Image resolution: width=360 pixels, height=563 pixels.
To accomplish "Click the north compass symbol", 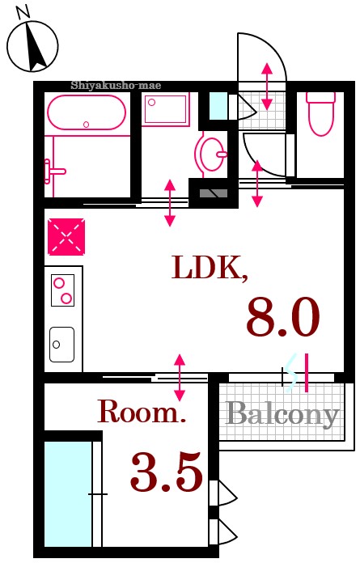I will pyautogui.click(x=33, y=44).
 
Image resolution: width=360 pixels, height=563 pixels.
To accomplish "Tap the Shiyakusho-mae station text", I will pyautogui.click(x=116, y=85).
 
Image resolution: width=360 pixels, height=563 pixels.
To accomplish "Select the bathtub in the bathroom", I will pyautogui.click(x=87, y=112).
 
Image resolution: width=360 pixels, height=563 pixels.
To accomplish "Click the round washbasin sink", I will pyautogui.click(x=213, y=153).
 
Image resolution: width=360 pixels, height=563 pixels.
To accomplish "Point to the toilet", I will pyautogui.click(x=321, y=113).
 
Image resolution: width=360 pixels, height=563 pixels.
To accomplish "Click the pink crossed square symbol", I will pyautogui.click(x=65, y=237).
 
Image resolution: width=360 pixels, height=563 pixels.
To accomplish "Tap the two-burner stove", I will pyautogui.click(x=62, y=290).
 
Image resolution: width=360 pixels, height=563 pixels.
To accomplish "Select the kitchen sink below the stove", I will pyautogui.click(x=61, y=345).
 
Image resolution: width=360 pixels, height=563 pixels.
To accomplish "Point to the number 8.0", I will pyautogui.click(x=283, y=317).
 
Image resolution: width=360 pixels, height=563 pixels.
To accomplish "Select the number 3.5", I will pyautogui.click(x=167, y=473).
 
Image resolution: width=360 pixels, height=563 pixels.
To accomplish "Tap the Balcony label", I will pyautogui.click(x=282, y=414).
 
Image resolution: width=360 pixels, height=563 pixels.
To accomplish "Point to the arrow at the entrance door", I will pyautogui.click(x=267, y=86).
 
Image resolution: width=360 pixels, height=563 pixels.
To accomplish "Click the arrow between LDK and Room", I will pyautogui.click(x=180, y=377).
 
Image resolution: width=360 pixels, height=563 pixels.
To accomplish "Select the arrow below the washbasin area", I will pyautogui.click(x=170, y=203).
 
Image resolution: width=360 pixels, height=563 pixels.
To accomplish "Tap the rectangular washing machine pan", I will pyautogui.click(x=166, y=108).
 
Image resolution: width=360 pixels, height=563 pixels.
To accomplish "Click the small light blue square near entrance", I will pyautogui.click(x=218, y=105).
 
